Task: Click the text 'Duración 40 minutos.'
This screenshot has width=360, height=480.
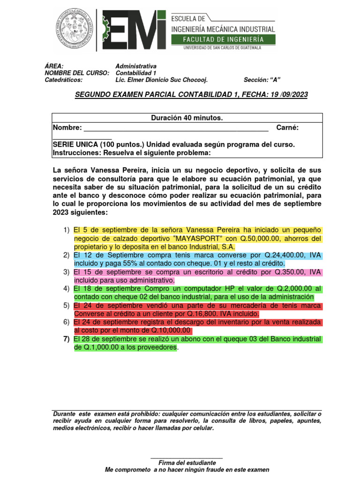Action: click(187, 118)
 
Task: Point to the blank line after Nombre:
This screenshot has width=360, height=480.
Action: click(176, 127)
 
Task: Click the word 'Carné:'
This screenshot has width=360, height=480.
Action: click(287, 127)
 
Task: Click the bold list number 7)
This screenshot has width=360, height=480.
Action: click(66, 339)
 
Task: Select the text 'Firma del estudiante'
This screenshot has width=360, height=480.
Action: click(187, 462)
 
